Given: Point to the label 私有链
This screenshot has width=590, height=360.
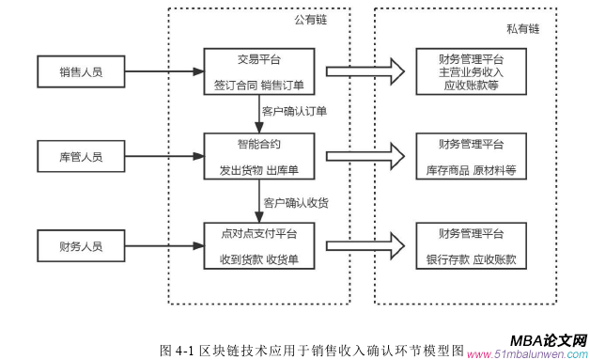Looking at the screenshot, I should pyautogui.click(x=522, y=29).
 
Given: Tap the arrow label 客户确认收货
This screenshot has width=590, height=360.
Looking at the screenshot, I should pyautogui.click(x=295, y=201).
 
